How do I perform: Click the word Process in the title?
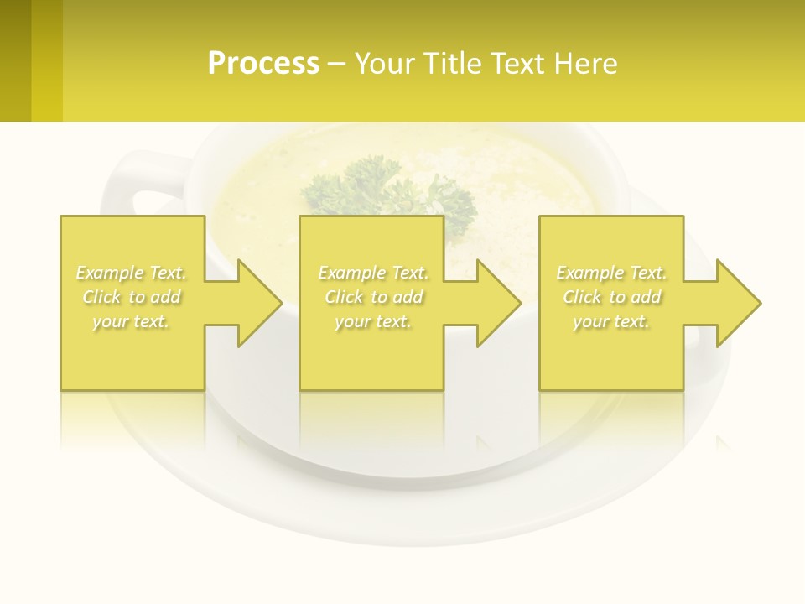point(263,64)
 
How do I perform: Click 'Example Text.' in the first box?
point(132,273)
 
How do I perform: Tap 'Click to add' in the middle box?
point(373,297)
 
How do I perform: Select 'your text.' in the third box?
point(611,321)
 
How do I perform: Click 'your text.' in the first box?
point(132,321)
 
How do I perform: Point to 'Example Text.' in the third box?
point(611,273)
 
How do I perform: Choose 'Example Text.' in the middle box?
point(373,273)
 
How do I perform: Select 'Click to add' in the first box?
point(132,297)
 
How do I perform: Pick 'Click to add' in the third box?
point(611,297)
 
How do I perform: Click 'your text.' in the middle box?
point(373,321)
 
